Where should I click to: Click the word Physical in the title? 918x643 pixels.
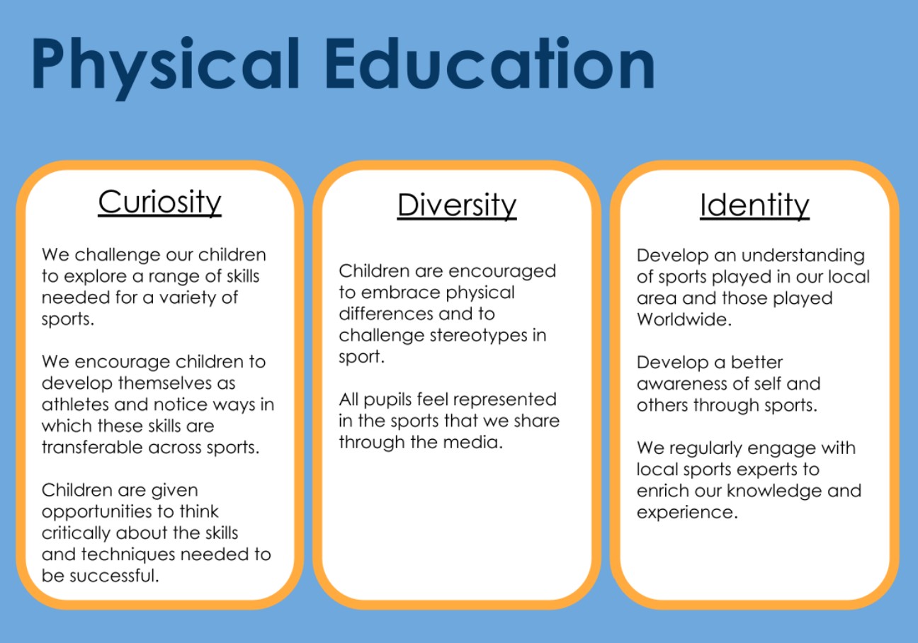pyautogui.click(x=165, y=67)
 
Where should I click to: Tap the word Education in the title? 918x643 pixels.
pyautogui.click(x=489, y=63)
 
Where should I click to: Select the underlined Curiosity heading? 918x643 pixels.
pyautogui.click(x=160, y=202)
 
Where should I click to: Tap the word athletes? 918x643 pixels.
pyautogui.click(x=75, y=404)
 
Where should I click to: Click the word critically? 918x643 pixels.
pyautogui.click(x=76, y=533)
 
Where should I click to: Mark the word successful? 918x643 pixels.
pyautogui.click(x=114, y=576)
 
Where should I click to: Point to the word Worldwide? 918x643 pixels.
pyautogui.click(x=684, y=319)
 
